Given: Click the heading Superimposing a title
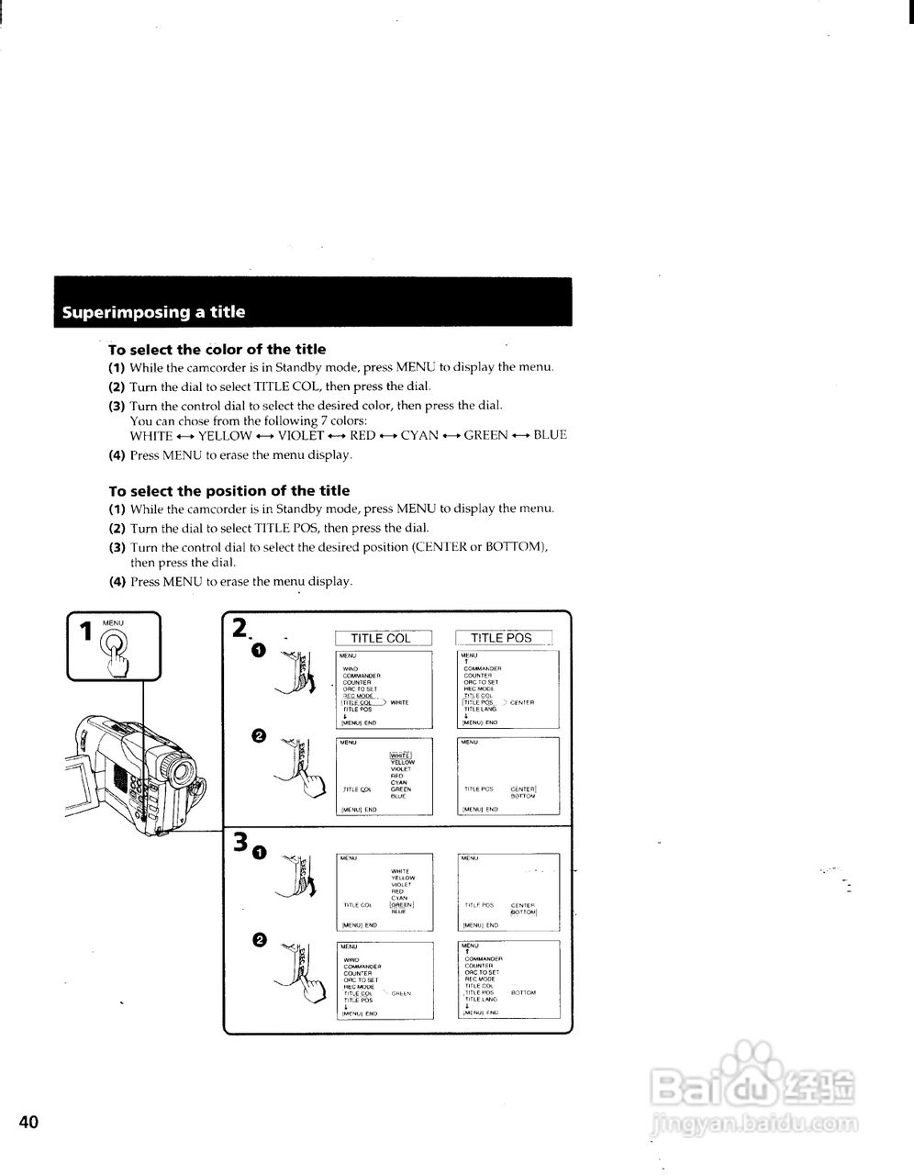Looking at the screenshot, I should [153, 312].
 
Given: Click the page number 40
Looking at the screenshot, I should [28, 1122].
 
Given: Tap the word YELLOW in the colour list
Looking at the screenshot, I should [225, 435].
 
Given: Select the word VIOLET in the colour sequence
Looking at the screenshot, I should [301, 435].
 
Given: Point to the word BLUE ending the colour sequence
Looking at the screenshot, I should [550, 435].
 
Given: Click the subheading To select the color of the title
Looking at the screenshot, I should [217, 350].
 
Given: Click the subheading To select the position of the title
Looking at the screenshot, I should [228, 491].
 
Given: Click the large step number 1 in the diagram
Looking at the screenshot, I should [85, 632].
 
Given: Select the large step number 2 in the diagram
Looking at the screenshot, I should [240, 628].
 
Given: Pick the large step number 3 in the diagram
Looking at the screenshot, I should [240, 842].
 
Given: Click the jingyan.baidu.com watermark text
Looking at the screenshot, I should [752, 1122].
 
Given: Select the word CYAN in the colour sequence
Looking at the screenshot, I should [419, 435].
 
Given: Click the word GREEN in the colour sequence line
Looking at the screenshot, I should [485, 435].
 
